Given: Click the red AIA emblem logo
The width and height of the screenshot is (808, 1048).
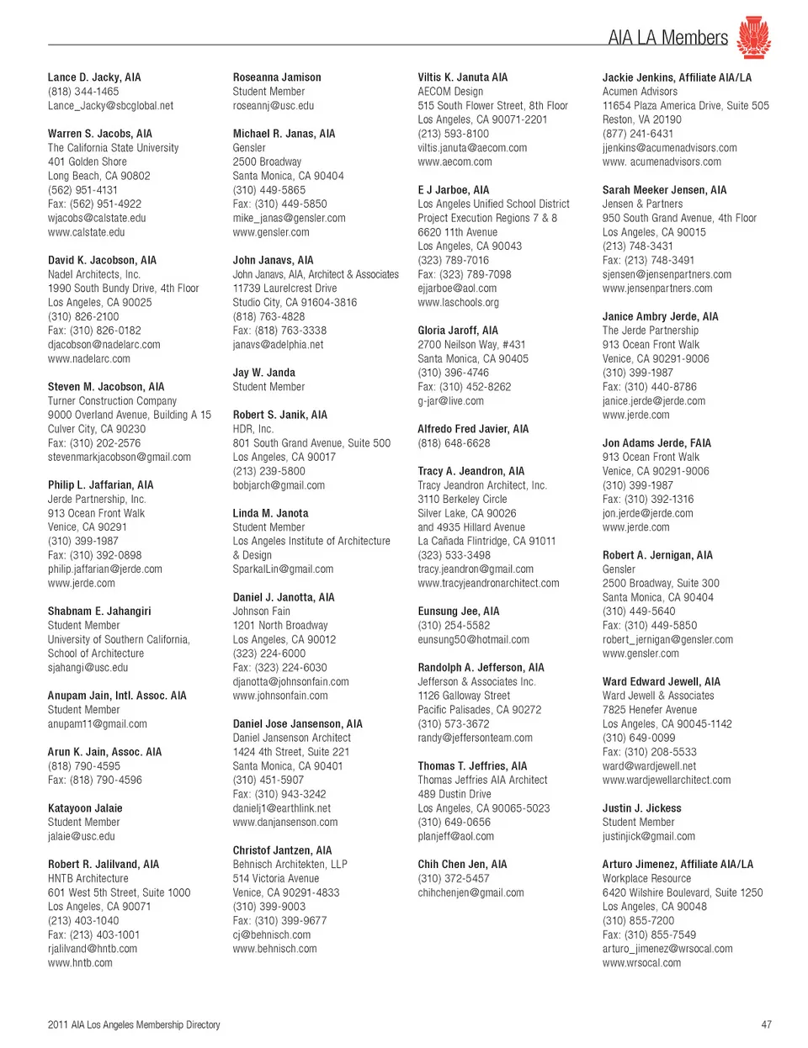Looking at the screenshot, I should pyautogui.click(x=753, y=38).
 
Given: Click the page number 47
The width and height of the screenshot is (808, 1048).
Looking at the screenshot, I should pyautogui.click(x=766, y=1024).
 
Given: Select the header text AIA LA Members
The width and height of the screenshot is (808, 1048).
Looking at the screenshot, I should pyautogui.click(x=667, y=38).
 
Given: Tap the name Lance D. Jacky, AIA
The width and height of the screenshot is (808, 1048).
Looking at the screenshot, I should pyautogui.click(x=94, y=77).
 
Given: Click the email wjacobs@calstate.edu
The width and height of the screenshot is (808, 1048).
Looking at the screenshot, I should pyautogui.click(x=97, y=218).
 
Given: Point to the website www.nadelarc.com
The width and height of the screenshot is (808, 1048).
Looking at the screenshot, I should pyautogui.click(x=89, y=358).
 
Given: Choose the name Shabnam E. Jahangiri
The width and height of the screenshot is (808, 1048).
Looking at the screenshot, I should pyautogui.click(x=99, y=611).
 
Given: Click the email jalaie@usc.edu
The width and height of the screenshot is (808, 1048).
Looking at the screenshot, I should pyautogui.click(x=82, y=836).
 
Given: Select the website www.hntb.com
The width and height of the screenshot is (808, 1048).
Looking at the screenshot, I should pyautogui.click(x=80, y=963).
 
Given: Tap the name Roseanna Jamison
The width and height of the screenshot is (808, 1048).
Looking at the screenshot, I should pyautogui.click(x=277, y=77).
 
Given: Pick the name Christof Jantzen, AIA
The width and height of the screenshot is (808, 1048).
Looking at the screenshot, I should pyautogui.click(x=282, y=850).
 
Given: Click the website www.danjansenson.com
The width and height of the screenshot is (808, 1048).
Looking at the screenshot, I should pyautogui.click(x=285, y=823).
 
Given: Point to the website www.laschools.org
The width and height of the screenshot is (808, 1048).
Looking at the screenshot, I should pyautogui.click(x=458, y=302).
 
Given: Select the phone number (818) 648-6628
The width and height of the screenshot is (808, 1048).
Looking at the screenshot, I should pyautogui.click(x=454, y=443).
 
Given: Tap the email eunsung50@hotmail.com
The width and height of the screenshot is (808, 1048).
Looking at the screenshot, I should pyautogui.click(x=473, y=639).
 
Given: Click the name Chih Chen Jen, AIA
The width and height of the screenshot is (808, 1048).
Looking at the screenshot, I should pyautogui.click(x=462, y=865).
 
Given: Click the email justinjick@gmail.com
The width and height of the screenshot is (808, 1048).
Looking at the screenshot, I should pyautogui.click(x=649, y=836).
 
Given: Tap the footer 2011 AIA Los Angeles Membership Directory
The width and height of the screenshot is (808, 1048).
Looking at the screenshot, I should pyautogui.click(x=134, y=1024).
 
